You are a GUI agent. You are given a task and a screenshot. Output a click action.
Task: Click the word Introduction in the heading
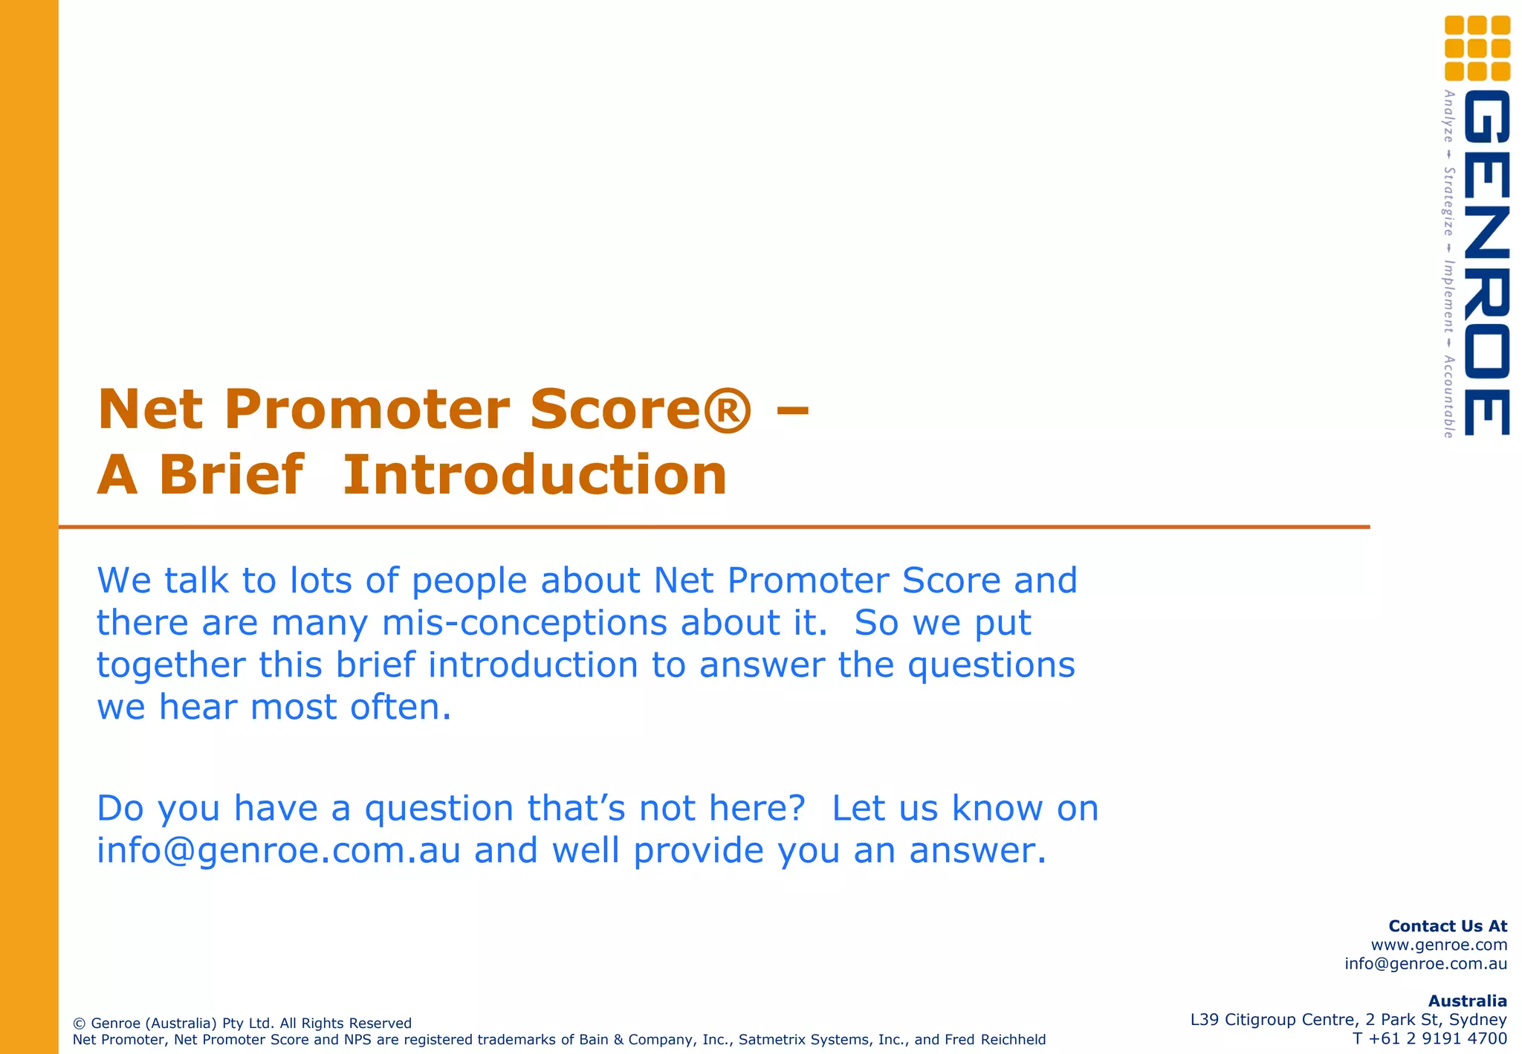(x=534, y=476)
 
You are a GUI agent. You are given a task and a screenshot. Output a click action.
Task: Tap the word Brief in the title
(x=230, y=476)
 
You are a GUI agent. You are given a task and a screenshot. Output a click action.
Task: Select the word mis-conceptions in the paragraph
(x=524, y=623)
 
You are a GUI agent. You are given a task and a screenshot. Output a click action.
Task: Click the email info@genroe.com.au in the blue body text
(x=279, y=850)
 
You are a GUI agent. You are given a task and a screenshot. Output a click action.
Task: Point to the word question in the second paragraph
(x=438, y=808)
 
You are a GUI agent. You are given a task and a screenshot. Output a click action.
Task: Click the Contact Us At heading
(x=1447, y=926)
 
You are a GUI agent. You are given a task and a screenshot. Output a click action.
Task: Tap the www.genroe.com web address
(x=1439, y=945)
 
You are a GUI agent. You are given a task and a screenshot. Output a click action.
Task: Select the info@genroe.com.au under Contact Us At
(x=1425, y=964)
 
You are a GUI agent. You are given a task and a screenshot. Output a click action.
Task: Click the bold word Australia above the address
(x=1467, y=1001)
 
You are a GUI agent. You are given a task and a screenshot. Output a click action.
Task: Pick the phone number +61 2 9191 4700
(x=1439, y=1038)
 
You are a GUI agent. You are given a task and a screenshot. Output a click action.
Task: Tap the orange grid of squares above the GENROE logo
(x=1477, y=48)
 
